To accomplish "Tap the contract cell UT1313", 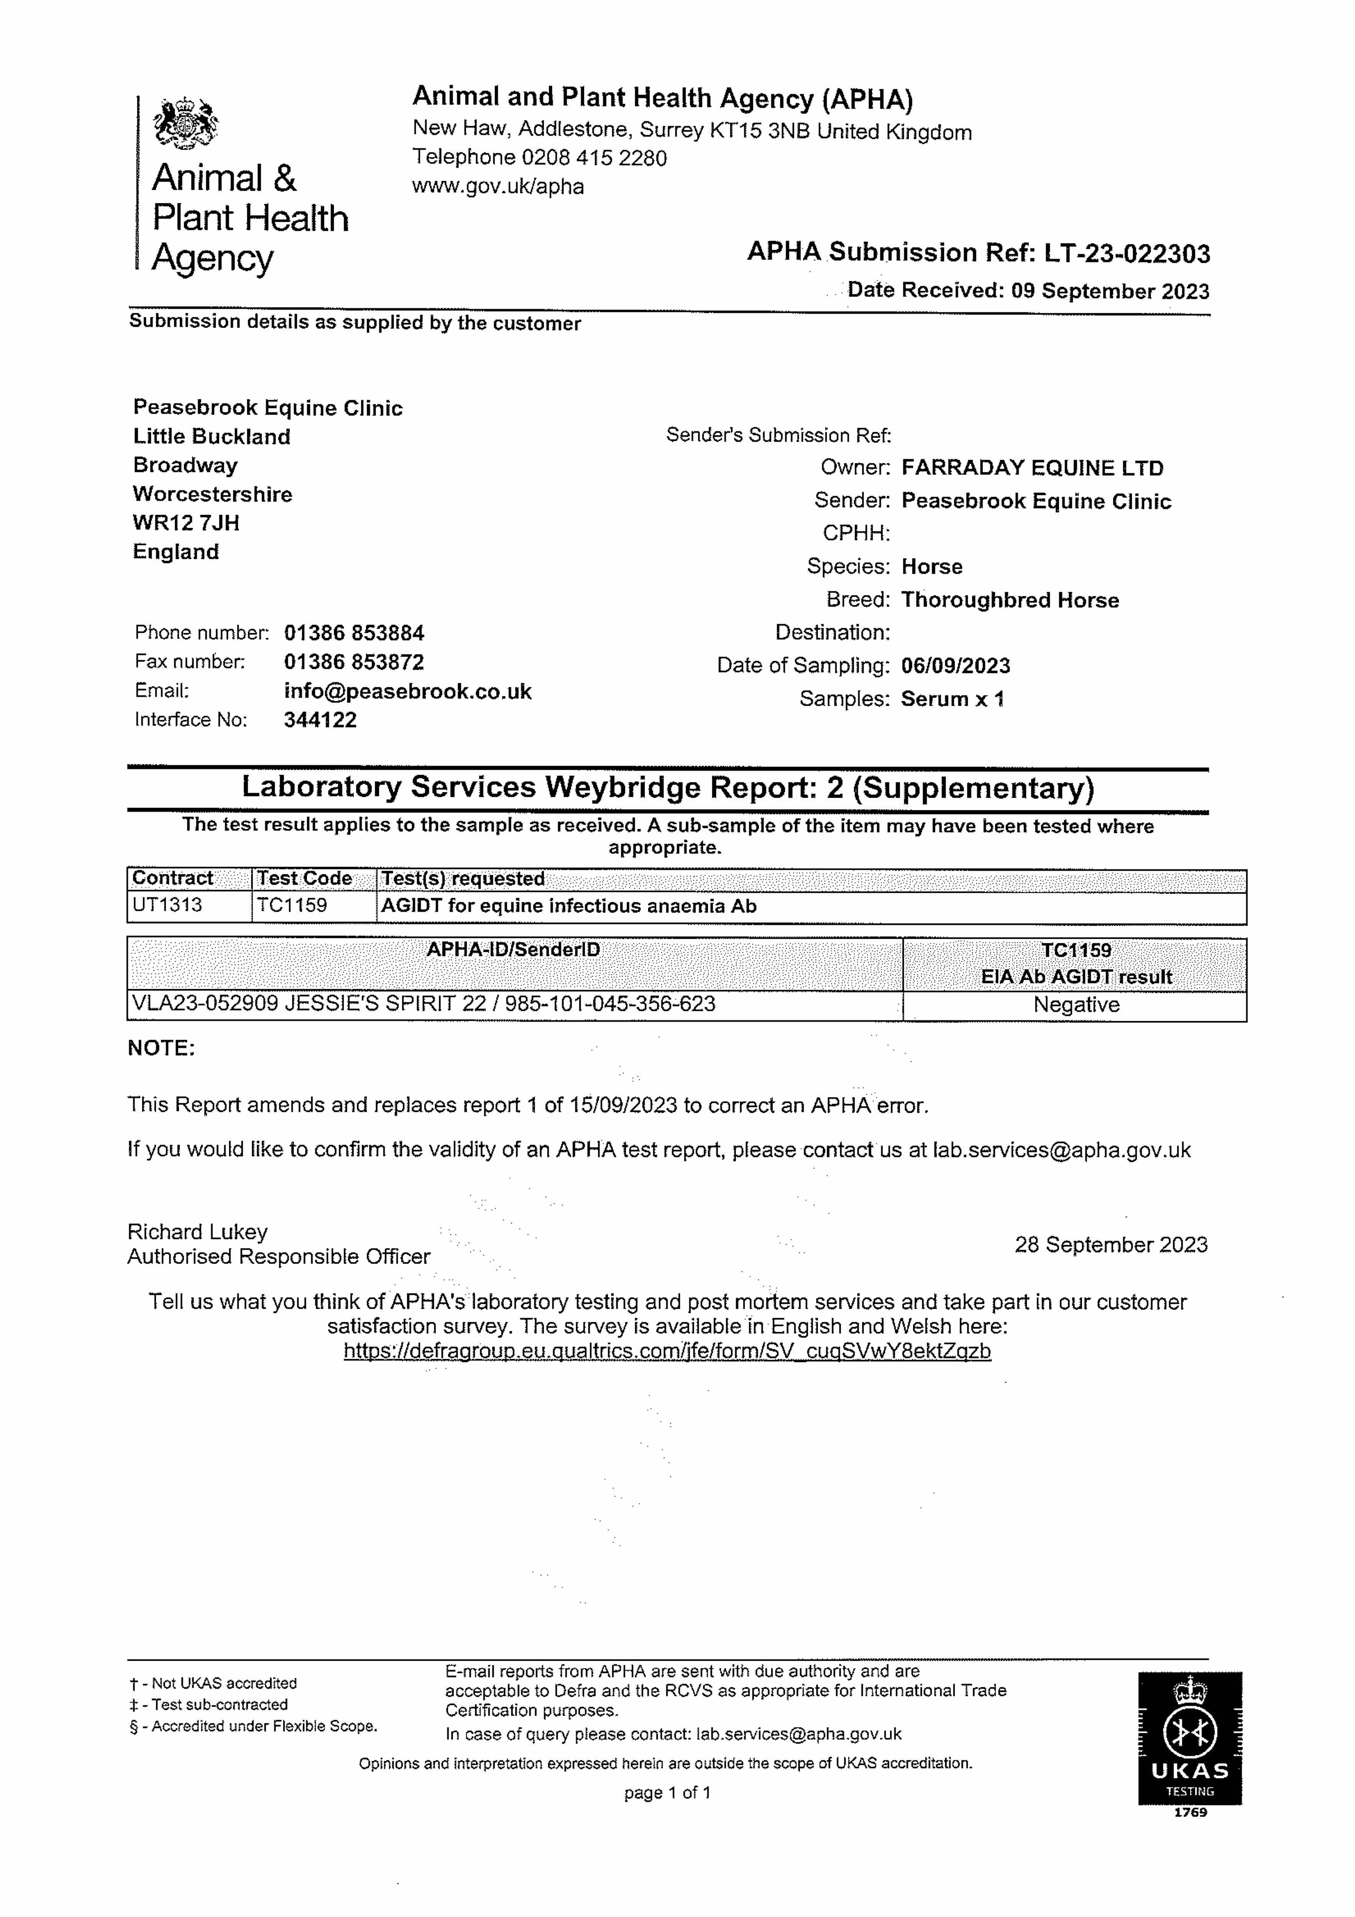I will click(x=167, y=905).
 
